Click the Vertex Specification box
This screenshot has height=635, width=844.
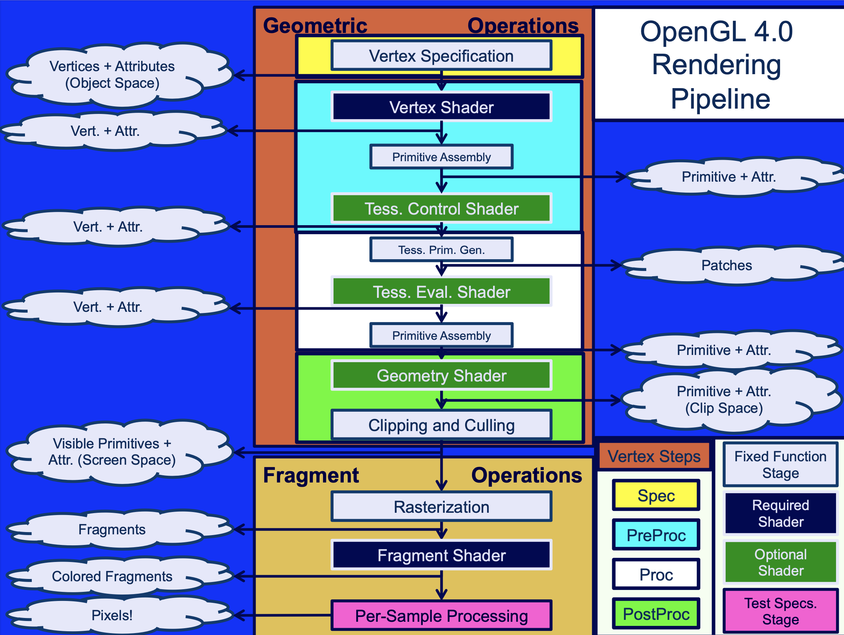(x=441, y=56)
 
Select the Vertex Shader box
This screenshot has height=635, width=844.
(x=441, y=107)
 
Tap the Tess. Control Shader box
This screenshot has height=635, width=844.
(x=441, y=209)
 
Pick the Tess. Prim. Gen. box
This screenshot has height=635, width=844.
(x=441, y=250)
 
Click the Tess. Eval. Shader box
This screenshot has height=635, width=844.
(x=441, y=292)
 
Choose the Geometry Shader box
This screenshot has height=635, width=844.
(x=441, y=375)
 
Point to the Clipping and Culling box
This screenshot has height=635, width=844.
(x=441, y=425)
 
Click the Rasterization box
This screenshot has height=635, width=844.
(x=441, y=507)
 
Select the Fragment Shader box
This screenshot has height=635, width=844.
(x=441, y=555)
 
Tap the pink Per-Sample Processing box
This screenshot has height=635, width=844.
(x=441, y=616)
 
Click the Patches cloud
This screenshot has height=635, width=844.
(x=726, y=265)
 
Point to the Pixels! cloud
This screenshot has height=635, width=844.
(x=112, y=615)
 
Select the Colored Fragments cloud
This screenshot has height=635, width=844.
(x=112, y=576)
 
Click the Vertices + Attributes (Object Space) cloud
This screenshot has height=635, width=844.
(x=112, y=75)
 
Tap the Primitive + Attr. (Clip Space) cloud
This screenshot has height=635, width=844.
(x=723, y=400)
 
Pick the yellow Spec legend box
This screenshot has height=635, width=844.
(x=656, y=495)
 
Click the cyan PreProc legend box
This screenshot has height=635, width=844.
(x=656, y=535)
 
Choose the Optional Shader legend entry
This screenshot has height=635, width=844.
(x=780, y=562)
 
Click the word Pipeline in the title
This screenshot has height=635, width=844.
(x=720, y=98)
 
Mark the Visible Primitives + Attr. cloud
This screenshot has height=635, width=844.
(x=112, y=452)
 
